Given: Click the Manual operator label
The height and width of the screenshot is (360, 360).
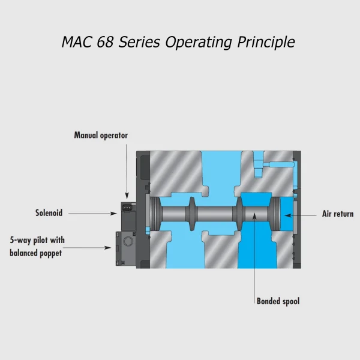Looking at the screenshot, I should pyautogui.click(x=101, y=136).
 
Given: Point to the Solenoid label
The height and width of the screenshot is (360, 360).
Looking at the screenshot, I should pyautogui.click(x=49, y=213).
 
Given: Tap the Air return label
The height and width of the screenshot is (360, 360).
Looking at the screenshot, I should pyautogui.click(x=338, y=214).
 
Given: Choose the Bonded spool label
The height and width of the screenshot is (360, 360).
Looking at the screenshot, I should pyautogui.click(x=278, y=301).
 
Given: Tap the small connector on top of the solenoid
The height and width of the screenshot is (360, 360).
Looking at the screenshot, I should pyautogui.click(x=128, y=208).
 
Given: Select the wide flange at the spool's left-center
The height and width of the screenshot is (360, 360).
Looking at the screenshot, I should pyautogui.click(x=191, y=214).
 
